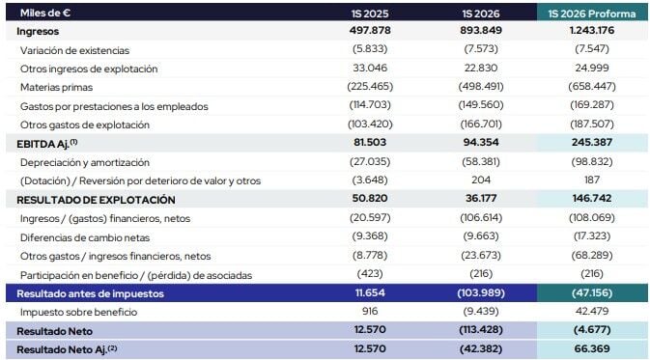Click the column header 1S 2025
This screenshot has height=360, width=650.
370,14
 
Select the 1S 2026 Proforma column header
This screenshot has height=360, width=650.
591,14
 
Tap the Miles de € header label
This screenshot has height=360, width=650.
45,13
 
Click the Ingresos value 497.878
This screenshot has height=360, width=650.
370,30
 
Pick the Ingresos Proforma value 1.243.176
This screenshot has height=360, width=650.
591,30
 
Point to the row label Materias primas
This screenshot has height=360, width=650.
56,88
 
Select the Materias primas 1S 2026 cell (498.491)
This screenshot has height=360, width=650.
481,86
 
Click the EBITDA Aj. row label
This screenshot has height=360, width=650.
47,144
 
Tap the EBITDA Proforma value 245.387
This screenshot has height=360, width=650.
591,142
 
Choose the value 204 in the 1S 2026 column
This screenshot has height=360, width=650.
481,180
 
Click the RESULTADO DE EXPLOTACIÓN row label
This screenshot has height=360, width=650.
96,200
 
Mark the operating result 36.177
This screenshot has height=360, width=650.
481,198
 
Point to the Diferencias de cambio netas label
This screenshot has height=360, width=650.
85,237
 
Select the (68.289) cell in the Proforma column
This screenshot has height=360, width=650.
591,255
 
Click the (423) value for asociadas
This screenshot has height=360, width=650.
370,273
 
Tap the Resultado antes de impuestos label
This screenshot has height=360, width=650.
90,293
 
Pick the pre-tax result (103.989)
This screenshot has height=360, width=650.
481,292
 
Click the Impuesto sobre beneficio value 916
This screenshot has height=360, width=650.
370,311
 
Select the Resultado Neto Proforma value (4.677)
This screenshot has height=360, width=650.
591,330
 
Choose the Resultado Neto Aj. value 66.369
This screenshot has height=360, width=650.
591,348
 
